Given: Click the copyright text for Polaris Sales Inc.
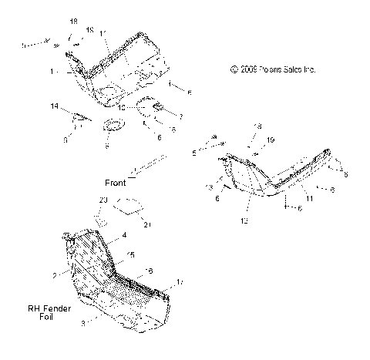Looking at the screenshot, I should (273, 69).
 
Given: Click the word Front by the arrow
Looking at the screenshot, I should (116, 183).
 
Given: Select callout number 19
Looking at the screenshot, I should (270, 140).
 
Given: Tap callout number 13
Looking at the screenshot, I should (209, 187).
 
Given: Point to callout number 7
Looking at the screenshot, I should (182, 116).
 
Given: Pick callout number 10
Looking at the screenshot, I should (121, 106).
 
